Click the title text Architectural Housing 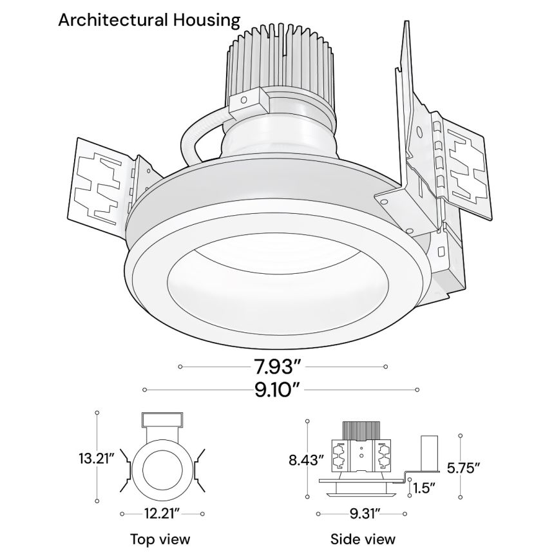point(149,21)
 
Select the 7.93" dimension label point(276,368)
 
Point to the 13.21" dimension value point(96,459)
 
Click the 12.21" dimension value point(161,513)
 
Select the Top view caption point(160,539)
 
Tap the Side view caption point(363,539)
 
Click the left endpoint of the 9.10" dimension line point(144,390)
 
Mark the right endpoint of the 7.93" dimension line point(385,367)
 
